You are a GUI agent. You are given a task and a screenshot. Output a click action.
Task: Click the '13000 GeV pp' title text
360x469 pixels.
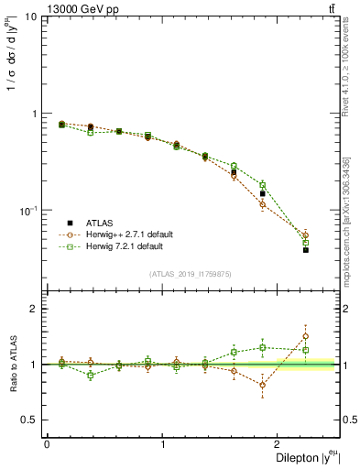pyautogui.click(x=80, y=8)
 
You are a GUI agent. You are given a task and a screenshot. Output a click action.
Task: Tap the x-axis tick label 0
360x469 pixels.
pyautogui.click(x=47, y=444)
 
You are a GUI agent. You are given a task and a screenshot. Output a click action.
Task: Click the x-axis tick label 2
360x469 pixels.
pyautogui.click(x=278, y=444)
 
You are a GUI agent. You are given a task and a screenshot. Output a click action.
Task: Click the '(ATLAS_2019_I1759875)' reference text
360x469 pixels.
pyautogui.click(x=191, y=274)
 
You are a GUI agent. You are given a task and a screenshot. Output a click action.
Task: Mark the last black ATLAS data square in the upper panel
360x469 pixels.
pyautogui.click(x=306, y=250)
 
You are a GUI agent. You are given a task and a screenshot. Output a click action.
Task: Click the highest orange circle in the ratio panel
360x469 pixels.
pyautogui.click(x=306, y=336)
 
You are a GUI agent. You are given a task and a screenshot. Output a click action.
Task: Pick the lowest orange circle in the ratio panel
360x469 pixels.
pyautogui.click(x=263, y=385)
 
